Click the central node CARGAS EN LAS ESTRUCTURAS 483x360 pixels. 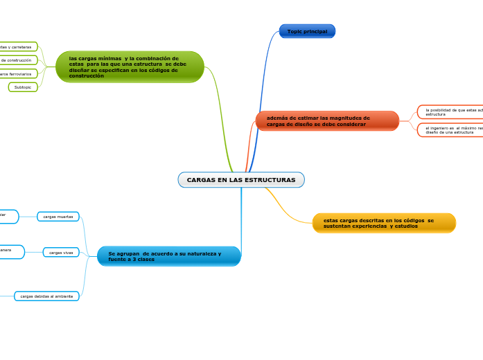click(x=240, y=180)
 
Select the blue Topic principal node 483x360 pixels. click(x=307, y=31)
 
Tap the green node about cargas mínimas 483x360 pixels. click(x=130, y=66)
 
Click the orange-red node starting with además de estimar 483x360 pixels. click(x=327, y=121)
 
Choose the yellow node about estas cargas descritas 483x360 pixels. click(x=384, y=223)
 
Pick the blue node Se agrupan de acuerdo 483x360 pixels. click(x=168, y=256)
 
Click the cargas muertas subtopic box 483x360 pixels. click(x=58, y=217)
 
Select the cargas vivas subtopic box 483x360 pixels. click(x=61, y=253)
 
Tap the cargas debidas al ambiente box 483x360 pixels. click(x=46, y=296)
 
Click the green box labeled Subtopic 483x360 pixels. click(x=23, y=87)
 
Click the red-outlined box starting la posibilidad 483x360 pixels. click(x=450, y=111)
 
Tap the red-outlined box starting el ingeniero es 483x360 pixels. click(x=450, y=130)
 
